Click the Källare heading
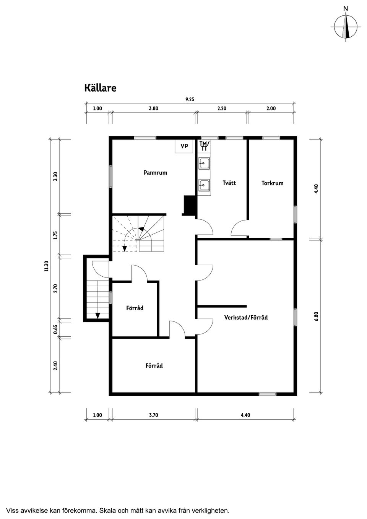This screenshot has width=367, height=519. click(x=100, y=88)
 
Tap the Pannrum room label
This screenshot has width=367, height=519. click(x=155, y=173)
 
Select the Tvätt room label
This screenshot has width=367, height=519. click(x=229, y=183)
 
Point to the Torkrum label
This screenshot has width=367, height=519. click(x=272, y=183)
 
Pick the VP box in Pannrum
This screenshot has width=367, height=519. click(x=184, y=146)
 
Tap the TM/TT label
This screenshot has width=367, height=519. click(x=204, y=146)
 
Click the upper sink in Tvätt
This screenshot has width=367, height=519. click(x=204, y=164)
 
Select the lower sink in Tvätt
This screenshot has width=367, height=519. click(x=204, y=185)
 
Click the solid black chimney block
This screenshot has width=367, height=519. click(x=189, y=205)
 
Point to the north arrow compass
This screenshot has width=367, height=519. click(x=346, y=26)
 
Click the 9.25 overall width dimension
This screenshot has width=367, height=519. click(x=190, y=99)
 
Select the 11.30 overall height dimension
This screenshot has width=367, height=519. click(x=47, y=266)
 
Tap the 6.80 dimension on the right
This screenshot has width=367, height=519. click(x=317, y=316)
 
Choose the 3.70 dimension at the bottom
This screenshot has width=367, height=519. click(x=153, y=415)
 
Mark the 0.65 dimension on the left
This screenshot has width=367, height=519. click(x=55, y=329)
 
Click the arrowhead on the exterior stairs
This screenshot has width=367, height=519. click(x=98, y=316)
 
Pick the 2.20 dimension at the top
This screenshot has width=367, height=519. click(x=222, y=109)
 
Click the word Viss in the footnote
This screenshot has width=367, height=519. click(x=13, y=511)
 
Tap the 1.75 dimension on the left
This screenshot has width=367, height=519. click(x=55, y=235)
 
